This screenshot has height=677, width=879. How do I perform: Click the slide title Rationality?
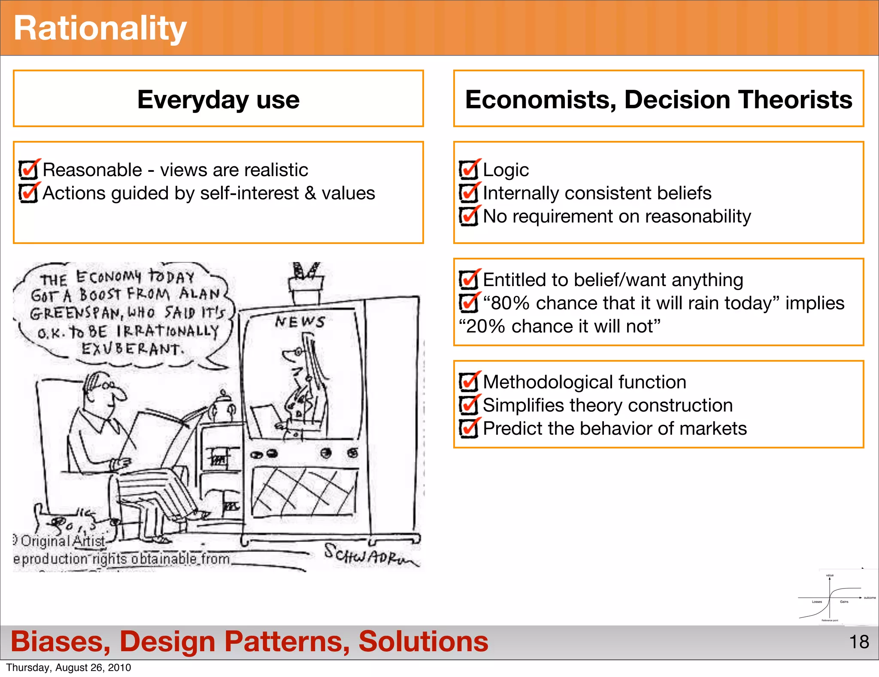pos(100,28)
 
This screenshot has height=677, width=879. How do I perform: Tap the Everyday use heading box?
pos(218,99)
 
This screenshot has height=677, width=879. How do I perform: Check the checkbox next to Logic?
pos(468,170)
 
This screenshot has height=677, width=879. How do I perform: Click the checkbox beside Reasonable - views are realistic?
pos(28,170)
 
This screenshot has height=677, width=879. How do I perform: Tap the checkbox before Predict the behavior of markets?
pos(468,428)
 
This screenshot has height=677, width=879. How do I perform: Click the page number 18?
pos(859,642)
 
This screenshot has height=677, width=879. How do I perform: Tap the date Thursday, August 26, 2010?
pos(69,668)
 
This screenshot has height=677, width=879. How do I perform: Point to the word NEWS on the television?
pos(300,321)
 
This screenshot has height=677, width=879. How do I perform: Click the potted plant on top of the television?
pos(306,281)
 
